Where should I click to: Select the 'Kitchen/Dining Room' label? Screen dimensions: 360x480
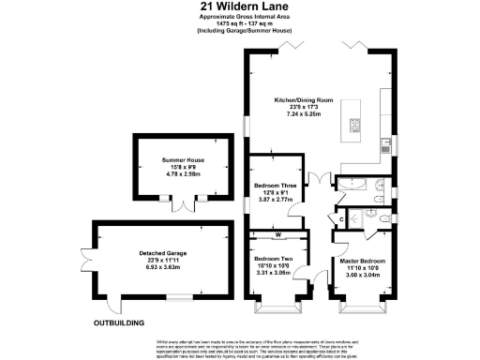[305, 99]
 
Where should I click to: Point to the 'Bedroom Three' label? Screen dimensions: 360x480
[277, 186]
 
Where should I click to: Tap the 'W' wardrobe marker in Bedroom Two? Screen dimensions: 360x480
[278, 234]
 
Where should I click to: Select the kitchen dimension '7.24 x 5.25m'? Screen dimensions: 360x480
[305, 114]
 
